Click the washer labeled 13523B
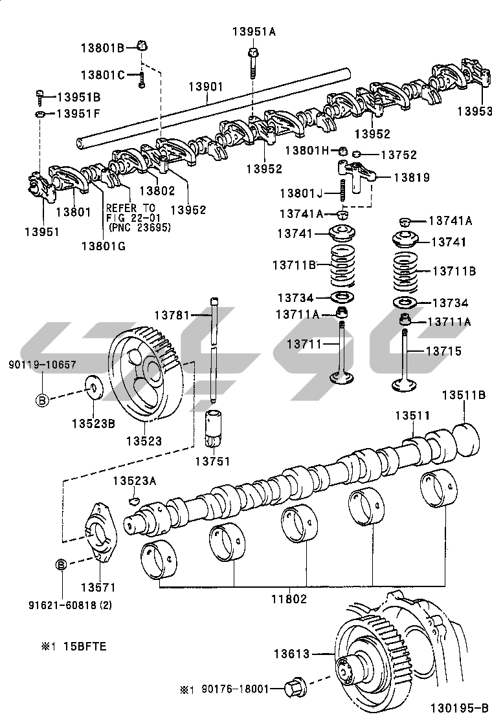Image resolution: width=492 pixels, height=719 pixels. (x=93, y=389)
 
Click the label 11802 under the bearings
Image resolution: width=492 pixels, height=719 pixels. (x=289, y=599)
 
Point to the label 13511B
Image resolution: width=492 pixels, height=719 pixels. (x=464, y=395)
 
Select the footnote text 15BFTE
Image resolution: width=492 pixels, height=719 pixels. (x=83, y=646)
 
